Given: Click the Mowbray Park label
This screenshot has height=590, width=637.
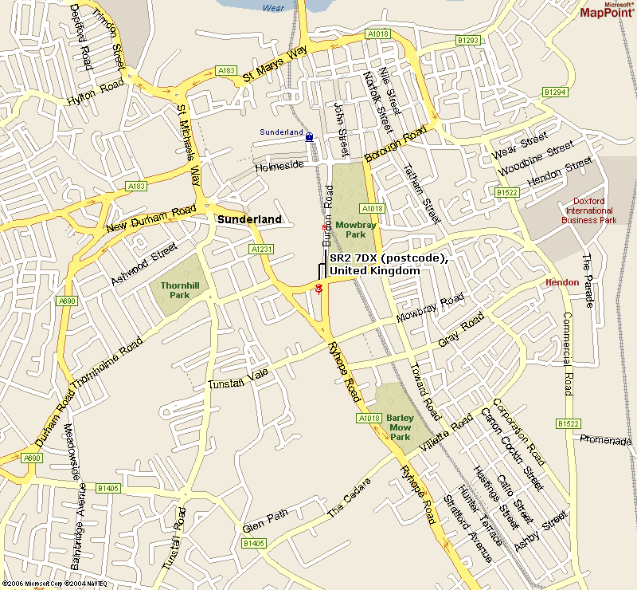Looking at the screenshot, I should [350, 230].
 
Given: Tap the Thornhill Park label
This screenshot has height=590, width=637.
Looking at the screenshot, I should [174, 289].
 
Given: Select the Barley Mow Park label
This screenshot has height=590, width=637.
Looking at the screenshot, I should [398, 427].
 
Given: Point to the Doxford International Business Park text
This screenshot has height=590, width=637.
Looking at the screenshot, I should [589, 210].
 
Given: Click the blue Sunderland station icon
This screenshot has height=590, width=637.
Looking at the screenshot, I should [309, 136].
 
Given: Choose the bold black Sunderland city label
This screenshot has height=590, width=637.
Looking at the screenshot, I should [250, 219].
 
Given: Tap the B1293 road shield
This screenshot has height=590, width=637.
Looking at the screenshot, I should [468, 40].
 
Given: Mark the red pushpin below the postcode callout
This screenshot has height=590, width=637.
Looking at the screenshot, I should [318, 288].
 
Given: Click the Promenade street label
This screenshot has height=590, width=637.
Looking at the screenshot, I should [605, 440].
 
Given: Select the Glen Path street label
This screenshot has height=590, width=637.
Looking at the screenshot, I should [265, 522].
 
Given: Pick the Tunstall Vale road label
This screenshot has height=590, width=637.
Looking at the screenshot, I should [240, 378].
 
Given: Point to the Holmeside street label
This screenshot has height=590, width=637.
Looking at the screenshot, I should [279, 167].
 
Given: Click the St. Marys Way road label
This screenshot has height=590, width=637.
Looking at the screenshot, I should [275, 65].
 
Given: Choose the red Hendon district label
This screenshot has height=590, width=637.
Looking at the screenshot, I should [561, 283].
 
